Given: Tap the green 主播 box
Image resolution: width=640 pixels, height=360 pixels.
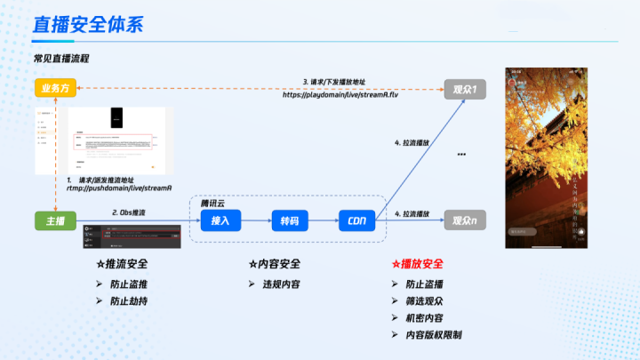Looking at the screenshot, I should coord(55,220).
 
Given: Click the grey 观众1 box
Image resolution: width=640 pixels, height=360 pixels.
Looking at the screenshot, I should coord(465,88).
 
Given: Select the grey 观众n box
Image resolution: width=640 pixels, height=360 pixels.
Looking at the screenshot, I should coord(465,220).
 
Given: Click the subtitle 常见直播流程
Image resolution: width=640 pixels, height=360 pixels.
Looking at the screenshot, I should coord(61,59).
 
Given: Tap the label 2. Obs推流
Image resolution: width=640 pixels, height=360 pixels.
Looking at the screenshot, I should coord(129,213).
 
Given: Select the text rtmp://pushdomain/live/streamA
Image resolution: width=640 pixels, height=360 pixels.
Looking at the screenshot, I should coord(107,188).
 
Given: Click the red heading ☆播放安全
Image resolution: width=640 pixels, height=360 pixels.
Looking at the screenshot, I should coord(417,265).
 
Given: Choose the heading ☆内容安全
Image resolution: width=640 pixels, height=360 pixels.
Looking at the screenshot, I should coord(274,265).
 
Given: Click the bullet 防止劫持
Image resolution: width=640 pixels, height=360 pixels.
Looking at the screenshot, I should coord(128,301).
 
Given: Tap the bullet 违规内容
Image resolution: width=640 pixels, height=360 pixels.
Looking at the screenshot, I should coord(279,284).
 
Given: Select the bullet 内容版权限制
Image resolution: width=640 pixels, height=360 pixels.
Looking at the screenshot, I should coord(433,335).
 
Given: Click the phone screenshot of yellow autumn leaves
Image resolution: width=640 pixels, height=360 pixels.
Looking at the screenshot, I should coord(548,158).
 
